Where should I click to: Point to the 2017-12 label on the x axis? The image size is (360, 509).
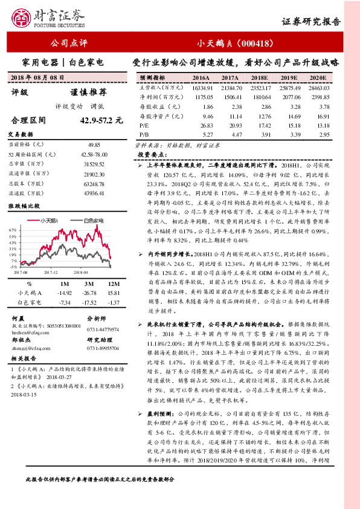pos(50,272)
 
